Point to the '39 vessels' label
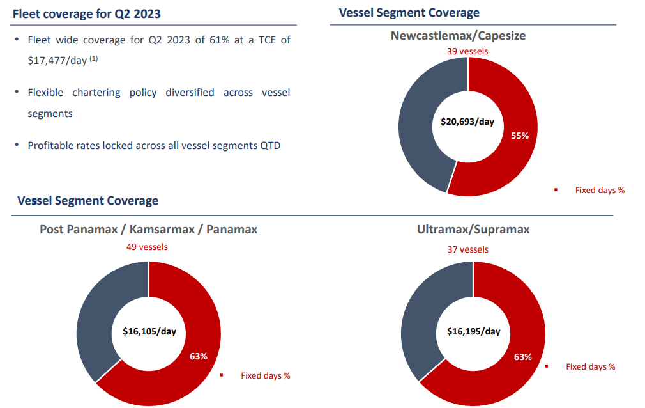point(467,51)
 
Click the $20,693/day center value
point(467,122)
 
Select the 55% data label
point(520,136)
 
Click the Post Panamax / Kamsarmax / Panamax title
point(148,229)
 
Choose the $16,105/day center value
point(149,332)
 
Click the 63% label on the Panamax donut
point(199,356)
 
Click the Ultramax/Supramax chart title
point(473,229)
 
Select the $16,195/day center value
point(473,332)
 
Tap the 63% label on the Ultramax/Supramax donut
point(523,357)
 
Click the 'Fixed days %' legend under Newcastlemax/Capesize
point(600,190)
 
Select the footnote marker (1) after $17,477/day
point(93,59)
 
